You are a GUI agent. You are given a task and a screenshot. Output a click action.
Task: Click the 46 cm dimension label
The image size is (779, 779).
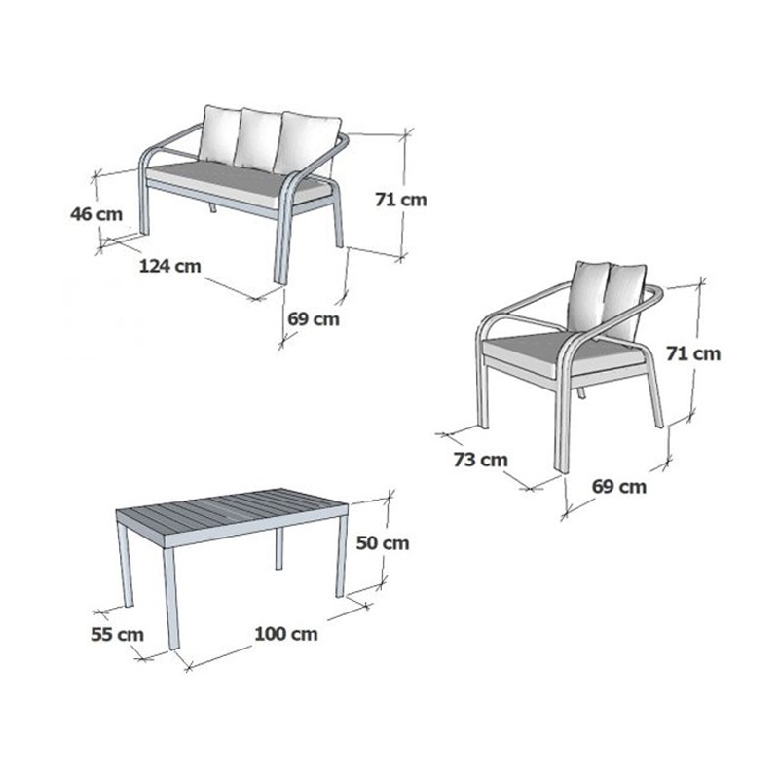96,214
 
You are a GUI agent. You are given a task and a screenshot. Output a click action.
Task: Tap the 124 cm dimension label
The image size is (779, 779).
169,266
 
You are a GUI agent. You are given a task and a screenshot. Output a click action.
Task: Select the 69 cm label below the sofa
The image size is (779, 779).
314,318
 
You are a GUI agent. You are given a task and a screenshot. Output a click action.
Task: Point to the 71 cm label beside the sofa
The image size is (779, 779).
401,200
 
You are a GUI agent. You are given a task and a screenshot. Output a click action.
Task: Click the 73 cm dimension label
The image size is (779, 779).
480,460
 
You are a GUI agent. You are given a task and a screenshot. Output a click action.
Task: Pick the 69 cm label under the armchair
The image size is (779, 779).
619,486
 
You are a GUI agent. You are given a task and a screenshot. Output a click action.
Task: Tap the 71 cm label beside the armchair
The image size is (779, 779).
693,353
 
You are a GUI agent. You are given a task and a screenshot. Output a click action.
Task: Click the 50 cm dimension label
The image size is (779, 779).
383,543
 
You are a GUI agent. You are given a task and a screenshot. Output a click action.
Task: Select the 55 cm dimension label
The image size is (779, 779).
117,634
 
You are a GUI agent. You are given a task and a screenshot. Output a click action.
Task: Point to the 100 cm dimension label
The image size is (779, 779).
286,634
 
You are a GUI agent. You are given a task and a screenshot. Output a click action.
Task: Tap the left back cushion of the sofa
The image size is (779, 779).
219,134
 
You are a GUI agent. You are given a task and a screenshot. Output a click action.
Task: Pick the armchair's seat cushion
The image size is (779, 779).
562,351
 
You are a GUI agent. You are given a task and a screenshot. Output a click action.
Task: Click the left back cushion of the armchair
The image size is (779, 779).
589,297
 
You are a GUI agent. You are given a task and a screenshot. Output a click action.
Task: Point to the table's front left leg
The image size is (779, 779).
170,597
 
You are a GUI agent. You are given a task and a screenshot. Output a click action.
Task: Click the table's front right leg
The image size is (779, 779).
342,556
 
